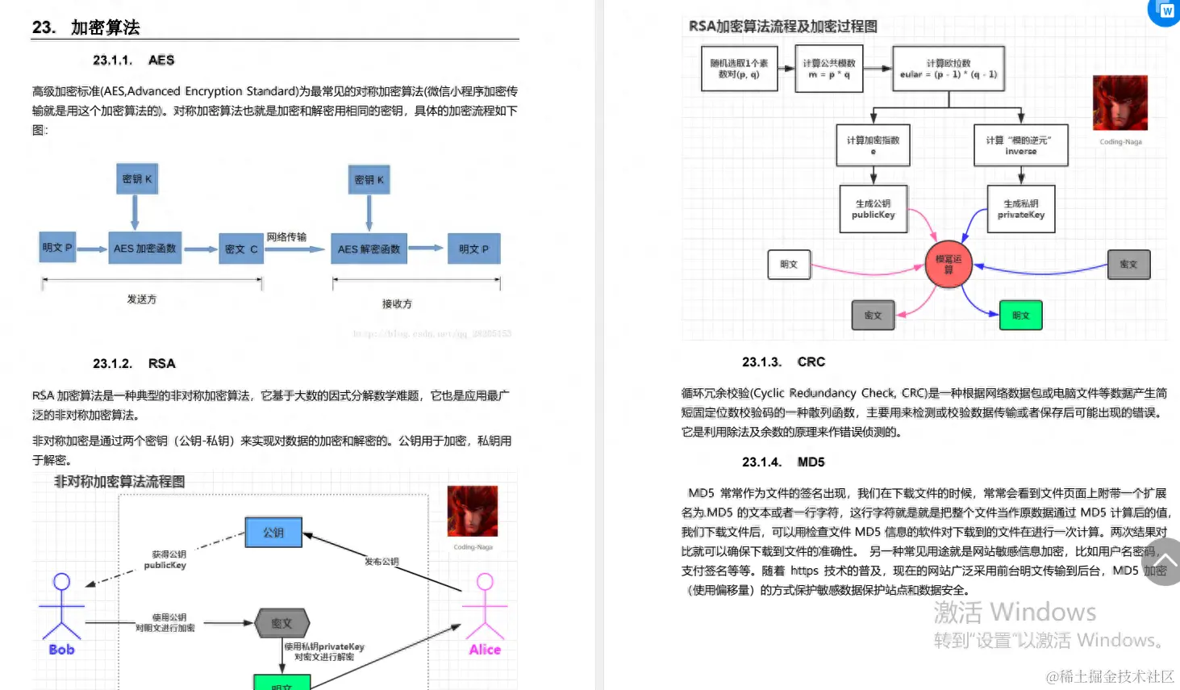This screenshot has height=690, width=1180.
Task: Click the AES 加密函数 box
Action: (x=145, y=249)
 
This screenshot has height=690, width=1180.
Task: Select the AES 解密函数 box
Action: (x=369, y=249)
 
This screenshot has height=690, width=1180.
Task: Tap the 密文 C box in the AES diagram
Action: (x=241, y=249)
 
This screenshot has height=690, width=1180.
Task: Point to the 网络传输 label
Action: (x=286, y=237)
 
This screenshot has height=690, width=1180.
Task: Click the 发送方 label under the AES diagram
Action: (x=142, y=299)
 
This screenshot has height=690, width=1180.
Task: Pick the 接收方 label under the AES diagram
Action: (x=397, y=304)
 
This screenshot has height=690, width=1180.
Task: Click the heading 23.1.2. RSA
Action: (x=134, y=364)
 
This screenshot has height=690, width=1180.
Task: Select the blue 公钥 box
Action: (x=273, y=533)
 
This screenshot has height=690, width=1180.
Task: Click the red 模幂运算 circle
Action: (x=949, y=265)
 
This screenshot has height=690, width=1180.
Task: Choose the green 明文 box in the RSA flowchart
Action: (x=1021, y=316)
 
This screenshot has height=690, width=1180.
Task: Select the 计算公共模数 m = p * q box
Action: (x=829, y=69)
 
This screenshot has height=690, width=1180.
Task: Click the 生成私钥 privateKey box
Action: (x=1021, y=210)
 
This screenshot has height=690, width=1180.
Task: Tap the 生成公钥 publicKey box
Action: (x=874, y=210)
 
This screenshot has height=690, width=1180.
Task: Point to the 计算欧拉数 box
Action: (x=949, y=69)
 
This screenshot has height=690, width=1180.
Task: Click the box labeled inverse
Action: (x=1020, y=145)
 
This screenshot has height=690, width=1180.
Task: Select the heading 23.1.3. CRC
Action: (x=783, y=362)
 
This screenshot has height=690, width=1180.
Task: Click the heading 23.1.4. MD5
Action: (x=783, y=462)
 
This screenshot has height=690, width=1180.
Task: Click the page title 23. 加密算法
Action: (x=86, y=27)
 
